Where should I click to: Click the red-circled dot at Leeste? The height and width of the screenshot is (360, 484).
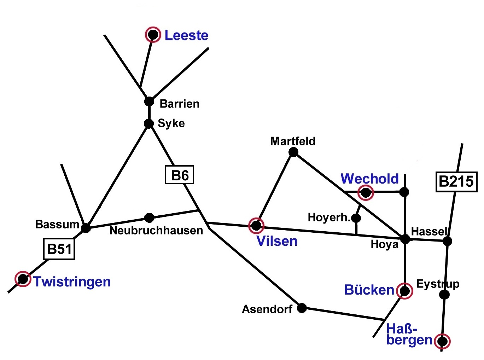(x=153, y=35)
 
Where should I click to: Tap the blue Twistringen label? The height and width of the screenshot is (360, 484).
(x=72, y=282)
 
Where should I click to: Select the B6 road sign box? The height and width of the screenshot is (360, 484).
(x=180, y=175)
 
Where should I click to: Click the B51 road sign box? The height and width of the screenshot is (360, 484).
(x=59, y=249)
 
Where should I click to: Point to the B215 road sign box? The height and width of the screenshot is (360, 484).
(x=456, y=182)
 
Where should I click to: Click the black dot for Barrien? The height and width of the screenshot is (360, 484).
(x=149, y=101)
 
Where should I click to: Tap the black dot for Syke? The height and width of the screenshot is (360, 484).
(x=149, y=123)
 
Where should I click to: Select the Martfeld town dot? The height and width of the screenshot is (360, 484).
(x=293, y=152)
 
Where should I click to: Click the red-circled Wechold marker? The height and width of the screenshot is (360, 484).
(x=366, y=193)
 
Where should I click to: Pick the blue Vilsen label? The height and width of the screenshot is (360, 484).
(x=277, y=241)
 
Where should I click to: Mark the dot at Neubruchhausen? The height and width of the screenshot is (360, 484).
(x=149, y=217)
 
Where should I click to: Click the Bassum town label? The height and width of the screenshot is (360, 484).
(x=57, y=224)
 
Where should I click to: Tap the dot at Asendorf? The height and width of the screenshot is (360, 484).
(x=302, y=308)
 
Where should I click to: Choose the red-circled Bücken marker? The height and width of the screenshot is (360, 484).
(x=405, y=291)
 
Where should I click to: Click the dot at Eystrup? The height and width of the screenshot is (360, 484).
(x=445, y=294)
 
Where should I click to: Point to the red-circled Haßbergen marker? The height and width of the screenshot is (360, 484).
(x=442, y=341)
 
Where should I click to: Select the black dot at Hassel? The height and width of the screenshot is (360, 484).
(x=448, y=241)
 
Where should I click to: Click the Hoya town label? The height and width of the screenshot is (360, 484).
(x=384, y=244)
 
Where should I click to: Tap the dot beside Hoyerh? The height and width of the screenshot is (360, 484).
(x=356, y=218)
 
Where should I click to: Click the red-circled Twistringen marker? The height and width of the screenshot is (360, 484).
(x=23, y=279)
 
